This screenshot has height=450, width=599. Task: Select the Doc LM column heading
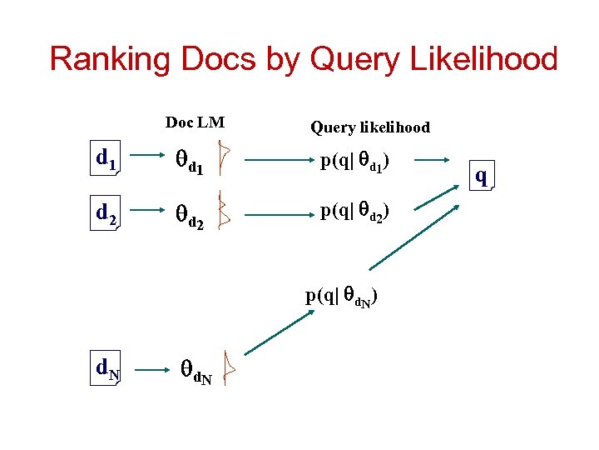pos(195,122)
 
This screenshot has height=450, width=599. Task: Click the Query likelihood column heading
pos(370,127)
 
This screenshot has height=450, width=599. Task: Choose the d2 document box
pos(106,215)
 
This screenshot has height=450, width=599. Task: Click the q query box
pos(481,176)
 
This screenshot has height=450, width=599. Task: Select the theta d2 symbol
pos(188,217)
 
